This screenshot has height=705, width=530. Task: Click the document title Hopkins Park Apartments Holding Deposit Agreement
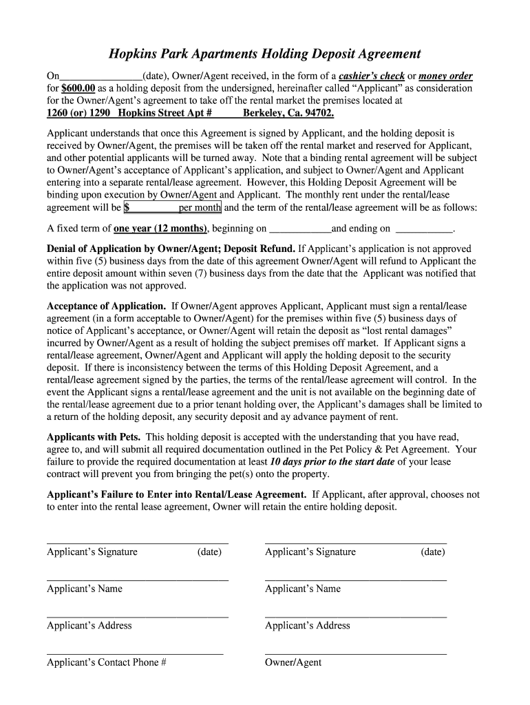click(x=265, y=54)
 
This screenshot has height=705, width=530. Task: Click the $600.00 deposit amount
click(x=77, y=88)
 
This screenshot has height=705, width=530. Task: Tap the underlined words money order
click(x=445, y=76)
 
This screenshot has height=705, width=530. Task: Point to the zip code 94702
click(x=317, y=113)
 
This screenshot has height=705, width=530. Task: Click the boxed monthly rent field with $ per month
click(x=172, y=207)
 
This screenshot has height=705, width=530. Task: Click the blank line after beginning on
click(x=300, y=229)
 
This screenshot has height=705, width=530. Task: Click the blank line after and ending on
click(x=425, y=229)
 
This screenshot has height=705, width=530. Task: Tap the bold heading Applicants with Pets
click(x=94, y=437)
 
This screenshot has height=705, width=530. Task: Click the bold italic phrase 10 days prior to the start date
click(x=332, y=462)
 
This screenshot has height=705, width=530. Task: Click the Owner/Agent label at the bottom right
click(x=293, y=662)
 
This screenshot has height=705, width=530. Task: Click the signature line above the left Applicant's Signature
click(x=137, y=543)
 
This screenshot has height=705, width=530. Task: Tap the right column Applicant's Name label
click(x=303, y=589)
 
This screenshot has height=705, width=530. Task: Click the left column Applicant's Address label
click(x=89, y=625)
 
